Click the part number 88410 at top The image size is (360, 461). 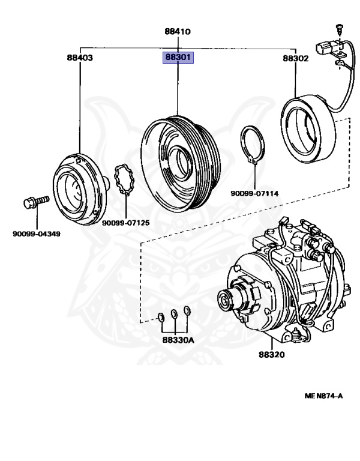pyautogui.click(x=179, y=31)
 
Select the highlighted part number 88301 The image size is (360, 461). pyautogui.click(x=179, y=58)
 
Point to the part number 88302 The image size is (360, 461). pyautogui.click(x=296, y=58)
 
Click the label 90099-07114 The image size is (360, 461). pyautogui.click(x=254, y=193)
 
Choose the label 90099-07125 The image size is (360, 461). pyautogui.click(x=125, y=223)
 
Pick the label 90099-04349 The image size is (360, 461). pyautogui.click(x=36, y=234)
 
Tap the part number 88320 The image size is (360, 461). pyautogui.click(x=272, y=355)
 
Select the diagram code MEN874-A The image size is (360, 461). pyautogui.click(x=323, y=396)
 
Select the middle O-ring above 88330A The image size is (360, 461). pyautogui.click(x=175, y=313)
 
